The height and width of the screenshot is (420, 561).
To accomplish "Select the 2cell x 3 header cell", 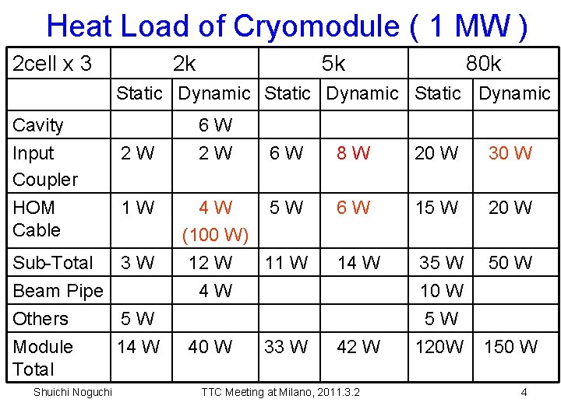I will tap(52, 64).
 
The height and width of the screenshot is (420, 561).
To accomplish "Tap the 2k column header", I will tap(184, 64).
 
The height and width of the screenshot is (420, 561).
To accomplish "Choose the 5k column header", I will tap(333, 64).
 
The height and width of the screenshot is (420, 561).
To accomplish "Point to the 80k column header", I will tap(483, 64).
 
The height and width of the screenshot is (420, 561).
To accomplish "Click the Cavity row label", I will tap(38, 124).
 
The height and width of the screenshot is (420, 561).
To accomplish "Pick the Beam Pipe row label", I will tap(58, 291).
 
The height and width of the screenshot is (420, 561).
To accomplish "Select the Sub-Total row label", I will tap(52, 263).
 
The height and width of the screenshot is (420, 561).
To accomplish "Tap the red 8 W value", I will tap(353, 153).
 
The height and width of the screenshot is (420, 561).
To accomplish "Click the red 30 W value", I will tap(510, 153).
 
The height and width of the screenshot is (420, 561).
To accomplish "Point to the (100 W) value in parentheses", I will tap(215, 234).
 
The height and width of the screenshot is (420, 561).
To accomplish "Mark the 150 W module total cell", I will tap(510, 346).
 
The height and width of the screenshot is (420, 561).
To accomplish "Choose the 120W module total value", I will tap(439, 346).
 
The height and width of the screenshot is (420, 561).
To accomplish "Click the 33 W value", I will tap(286, 346).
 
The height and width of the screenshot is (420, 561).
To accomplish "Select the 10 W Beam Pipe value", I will tap(442, 291).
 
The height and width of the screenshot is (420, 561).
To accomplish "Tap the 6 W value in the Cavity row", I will tap(215, 124).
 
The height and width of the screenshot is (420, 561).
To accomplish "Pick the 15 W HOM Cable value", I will tap(436, 208).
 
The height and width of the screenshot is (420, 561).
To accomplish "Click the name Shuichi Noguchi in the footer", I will tap(72, 392).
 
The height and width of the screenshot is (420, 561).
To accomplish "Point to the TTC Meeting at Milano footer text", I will tap(280, 392).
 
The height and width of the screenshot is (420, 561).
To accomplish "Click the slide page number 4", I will tap(524, 392).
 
